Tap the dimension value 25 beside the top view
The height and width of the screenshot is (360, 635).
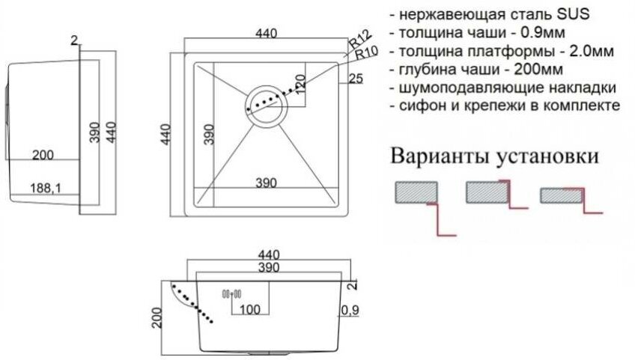[x=356, y=79]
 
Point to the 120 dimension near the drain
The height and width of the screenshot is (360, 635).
[x=300, y=84]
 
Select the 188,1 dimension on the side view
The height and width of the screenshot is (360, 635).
[x=46, y=189]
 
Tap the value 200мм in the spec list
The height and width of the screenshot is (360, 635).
[x=535, y=70]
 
